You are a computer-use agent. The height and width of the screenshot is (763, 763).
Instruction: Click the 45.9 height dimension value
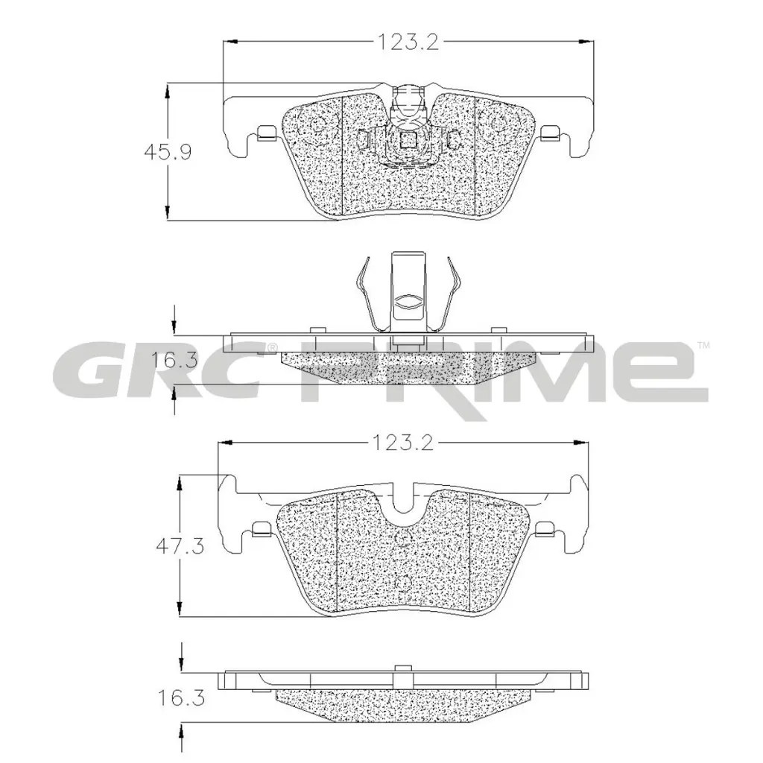(x=168, y=152)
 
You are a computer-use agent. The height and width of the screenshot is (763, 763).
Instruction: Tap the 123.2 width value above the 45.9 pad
(x=408, y=42)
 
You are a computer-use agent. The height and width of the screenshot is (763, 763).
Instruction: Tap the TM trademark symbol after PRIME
(x=703, y=345)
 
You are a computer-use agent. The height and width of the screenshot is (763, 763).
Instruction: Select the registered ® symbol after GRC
(x=272, y=347)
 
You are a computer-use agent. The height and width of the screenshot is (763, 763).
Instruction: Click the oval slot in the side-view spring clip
(x=408, y=303)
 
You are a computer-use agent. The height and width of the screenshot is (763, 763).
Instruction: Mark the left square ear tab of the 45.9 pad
(x=265, y=134)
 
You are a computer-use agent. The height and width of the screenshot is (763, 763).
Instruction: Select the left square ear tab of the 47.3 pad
(x=261, y=530)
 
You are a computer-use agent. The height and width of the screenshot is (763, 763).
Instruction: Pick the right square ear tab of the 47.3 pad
(x=545, y=530)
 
